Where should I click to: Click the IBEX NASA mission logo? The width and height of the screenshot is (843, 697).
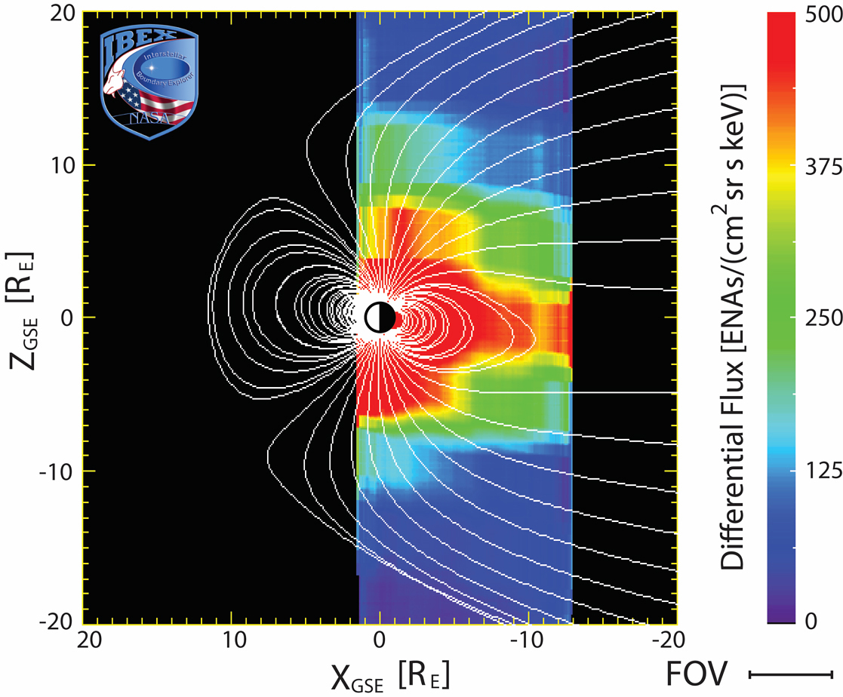(149, 79)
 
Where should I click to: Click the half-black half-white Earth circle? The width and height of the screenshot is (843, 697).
(380, 318)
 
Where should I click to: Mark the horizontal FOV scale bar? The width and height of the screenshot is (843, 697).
(791, 674)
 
